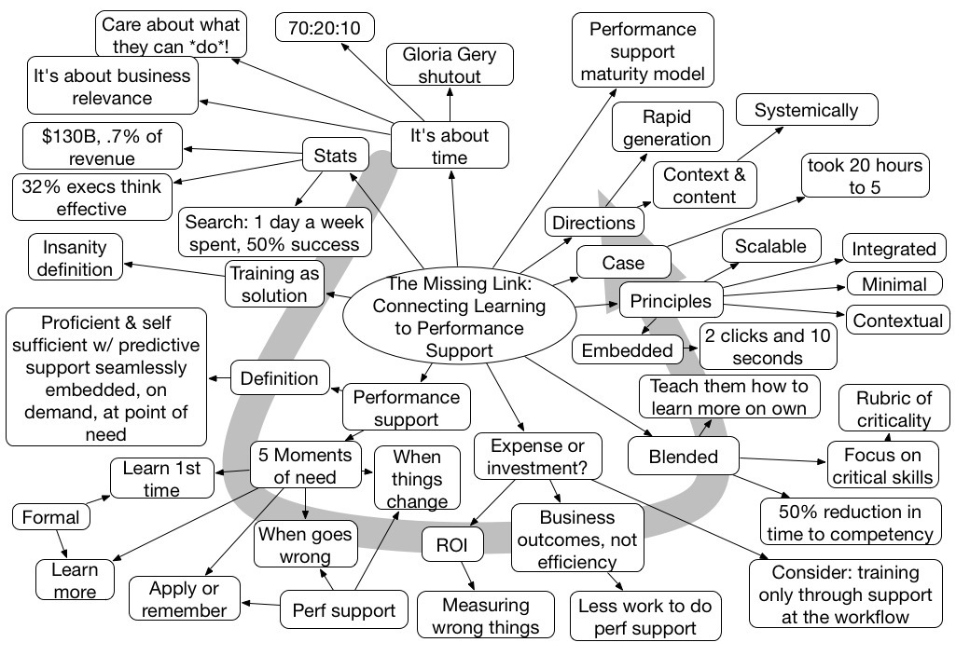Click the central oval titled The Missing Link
click(449, 317)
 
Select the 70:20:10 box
click(325, 28)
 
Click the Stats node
click(335, 156)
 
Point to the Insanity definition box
click(75, 258)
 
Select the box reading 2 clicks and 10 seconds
click(768, 346)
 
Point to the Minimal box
click(894, 285)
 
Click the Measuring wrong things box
click(484, 616)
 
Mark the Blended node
click(683, 457)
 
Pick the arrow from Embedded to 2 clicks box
click(691, 350)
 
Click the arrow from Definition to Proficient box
click(219, 379)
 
